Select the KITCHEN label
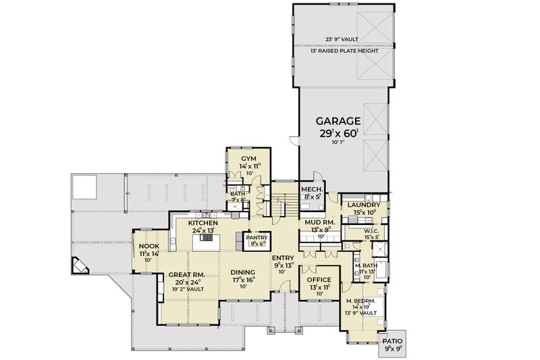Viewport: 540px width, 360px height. [202, 222]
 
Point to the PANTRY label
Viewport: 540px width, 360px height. [256, 238]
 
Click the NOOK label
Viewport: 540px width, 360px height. [148, 246]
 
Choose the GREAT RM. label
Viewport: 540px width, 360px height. [184, 274]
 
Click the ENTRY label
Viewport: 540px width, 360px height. [283, 258]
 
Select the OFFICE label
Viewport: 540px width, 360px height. [319, 279]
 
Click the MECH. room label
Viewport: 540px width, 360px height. [311, 190]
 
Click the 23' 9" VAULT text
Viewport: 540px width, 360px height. [341, 38]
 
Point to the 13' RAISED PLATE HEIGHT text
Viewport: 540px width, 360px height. [341, 50]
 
